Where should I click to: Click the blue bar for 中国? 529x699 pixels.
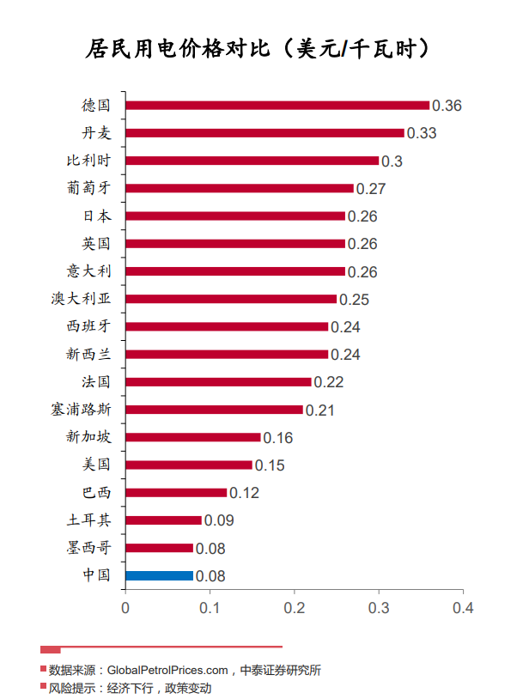coord(159,575)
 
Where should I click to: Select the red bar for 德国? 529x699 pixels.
coord(277,106)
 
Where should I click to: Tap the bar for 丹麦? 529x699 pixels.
coord(264,133)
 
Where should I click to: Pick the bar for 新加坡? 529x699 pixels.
coord(192,437)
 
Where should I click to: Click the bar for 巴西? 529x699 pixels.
coord(176,493)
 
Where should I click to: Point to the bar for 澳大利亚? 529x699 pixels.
coord(231,299)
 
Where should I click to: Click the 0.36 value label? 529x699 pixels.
coord(447,106)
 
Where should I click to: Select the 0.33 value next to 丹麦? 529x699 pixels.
coord(422,134)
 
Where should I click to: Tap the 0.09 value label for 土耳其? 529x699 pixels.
coord(219,520)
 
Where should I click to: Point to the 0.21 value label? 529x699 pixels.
coord(320,410)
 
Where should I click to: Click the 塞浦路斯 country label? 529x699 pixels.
coord(81,409)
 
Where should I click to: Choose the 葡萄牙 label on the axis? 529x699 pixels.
coord(89,188)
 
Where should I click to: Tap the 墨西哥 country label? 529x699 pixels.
coord(89,548)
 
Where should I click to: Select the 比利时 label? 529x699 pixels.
coord(89,161)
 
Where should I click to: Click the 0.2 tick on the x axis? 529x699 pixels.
coord(295,608)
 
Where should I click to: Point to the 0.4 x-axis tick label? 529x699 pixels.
coord(463,608)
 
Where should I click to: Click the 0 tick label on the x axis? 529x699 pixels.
coord(125,608)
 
